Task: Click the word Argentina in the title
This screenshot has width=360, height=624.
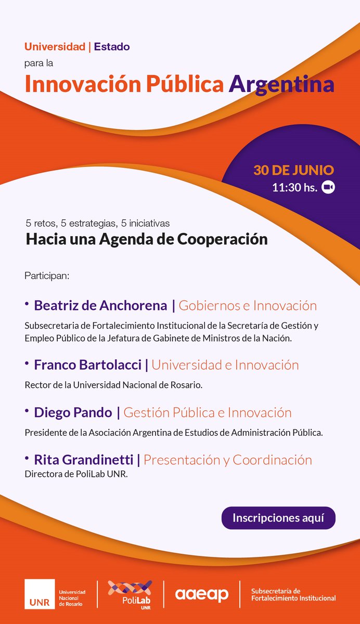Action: [281, 85]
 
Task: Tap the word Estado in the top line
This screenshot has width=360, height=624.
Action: [112, 47]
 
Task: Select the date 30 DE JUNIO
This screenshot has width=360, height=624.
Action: [293, 171]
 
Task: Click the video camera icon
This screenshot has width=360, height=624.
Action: [328, 187]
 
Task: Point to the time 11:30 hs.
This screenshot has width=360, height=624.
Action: [294, 188]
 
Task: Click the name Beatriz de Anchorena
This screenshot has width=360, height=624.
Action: [100, 306]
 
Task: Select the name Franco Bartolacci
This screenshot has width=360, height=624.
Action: [87, 365]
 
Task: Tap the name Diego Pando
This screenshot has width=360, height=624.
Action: [73, 413]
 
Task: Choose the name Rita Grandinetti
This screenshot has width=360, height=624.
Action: [84, 460]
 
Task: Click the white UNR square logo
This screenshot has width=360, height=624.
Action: [39, 594]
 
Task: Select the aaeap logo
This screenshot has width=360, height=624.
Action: [201, 594]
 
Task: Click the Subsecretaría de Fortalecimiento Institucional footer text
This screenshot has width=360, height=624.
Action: [293, 594]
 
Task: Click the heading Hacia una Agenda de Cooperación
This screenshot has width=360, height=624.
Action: [147, 240]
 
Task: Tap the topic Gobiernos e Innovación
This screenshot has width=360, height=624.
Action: [248, 306]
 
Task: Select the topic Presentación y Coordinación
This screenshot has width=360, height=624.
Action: [228, 460]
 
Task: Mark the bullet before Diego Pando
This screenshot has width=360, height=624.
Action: [27, 411]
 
